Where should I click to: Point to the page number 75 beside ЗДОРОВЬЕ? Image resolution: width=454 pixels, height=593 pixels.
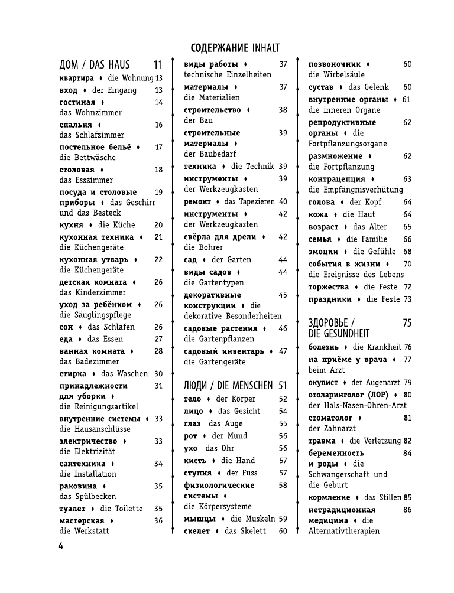pyautogui.click(x=407, y=323)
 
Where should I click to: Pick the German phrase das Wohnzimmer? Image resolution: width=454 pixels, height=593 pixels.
pyautogui.click(x=90, y=112)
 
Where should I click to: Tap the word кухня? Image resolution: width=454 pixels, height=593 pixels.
pyautogui.click(x=72, y=224)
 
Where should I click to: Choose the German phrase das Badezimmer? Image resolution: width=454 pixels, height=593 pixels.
pyautogui.click(x=89, y=361)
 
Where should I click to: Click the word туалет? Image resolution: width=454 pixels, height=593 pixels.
pyautogui.click(x=73, y=508)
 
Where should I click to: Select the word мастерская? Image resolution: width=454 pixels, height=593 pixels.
pyautogui.click(x=82, y=520)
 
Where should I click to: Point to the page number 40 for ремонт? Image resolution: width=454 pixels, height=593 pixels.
pyautogui.click(x=283, y=201)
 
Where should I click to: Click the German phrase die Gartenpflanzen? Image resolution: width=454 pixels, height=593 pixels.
pyautogui.click(x=219, y=339)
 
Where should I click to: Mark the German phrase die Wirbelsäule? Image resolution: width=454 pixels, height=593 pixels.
pyautogui.click(x=336, y=75)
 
